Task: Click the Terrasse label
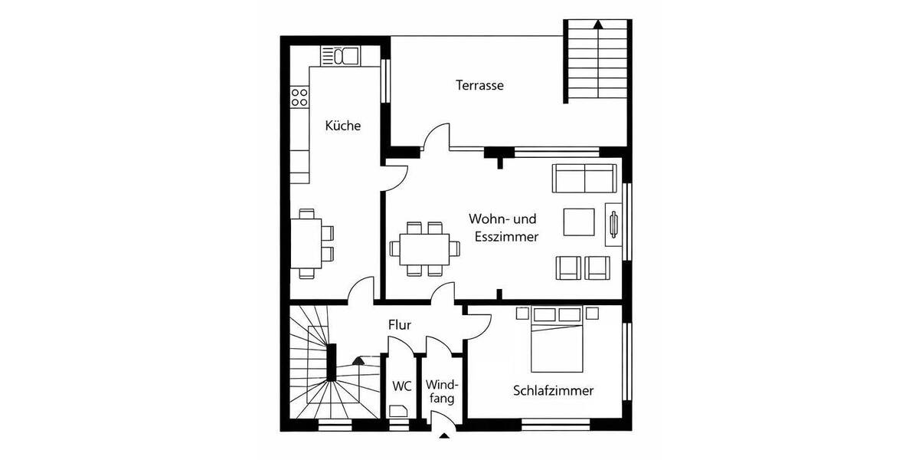pos(479,85)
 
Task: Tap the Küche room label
pos(342,126)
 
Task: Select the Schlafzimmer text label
pos(553,391)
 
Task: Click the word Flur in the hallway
pos(399,325)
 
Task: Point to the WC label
pos(402,386)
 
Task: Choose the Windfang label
pos(442,391)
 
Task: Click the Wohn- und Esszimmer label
pos(503,228)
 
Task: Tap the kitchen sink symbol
pos(342,55)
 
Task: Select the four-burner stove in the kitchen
pos(299,97)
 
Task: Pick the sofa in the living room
pos(584,178)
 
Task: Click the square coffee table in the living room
pos(579,222)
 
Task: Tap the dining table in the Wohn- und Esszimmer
pos(425,248)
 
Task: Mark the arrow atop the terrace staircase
pos(597,24)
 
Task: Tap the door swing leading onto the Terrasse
pos(436,138)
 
